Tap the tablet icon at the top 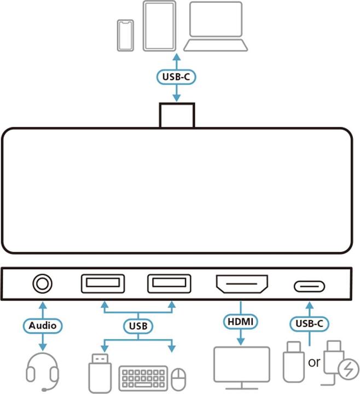tap(159, 26)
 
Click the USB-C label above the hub tap(176, 77)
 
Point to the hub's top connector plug tap(176, 115)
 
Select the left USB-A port tap(102, 285)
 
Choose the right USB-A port tap(169, 285)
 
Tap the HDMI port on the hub tap(242, 285)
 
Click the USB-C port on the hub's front tap(310, 286)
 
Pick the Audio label tap(43, 325)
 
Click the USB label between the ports tap(137, 326)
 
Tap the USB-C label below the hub tap(310, 323)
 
